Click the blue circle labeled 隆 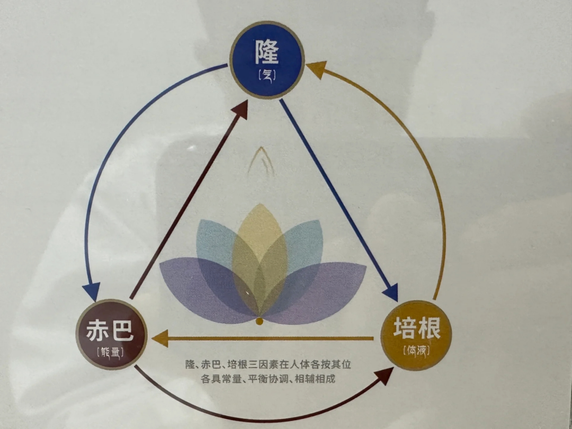pos(267,60)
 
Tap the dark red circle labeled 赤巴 pos(111,335)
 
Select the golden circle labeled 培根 pos(416,335)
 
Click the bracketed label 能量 pos(111,352)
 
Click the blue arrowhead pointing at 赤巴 pos(91,291)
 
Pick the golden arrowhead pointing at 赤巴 pos(160,338)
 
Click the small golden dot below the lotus pos(260,321)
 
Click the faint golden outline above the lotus pos(261,161)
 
